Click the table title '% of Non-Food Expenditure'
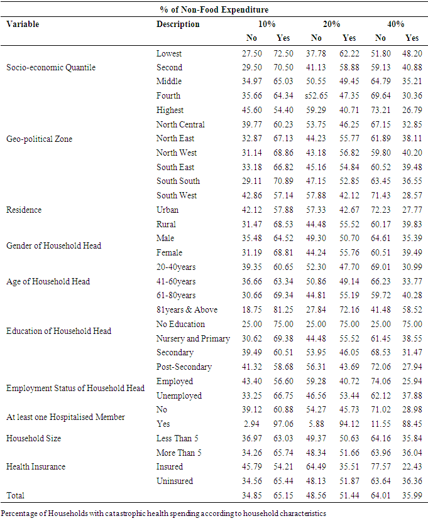coord(214,10)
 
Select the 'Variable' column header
coord(23,24)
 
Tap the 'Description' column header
coord(178,24)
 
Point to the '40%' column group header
coord(395,24)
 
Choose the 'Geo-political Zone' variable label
coord(39,139)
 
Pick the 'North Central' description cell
coord(180,124)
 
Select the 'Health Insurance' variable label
coord(36,466)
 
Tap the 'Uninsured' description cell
coord(175,481)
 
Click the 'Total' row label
coord(16,495)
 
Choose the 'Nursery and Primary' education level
coord(193,338)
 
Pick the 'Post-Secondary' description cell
coord(184,367)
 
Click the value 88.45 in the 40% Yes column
coord(412,424)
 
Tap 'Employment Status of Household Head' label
coord(75,388)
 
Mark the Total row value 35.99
coord(412,495)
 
